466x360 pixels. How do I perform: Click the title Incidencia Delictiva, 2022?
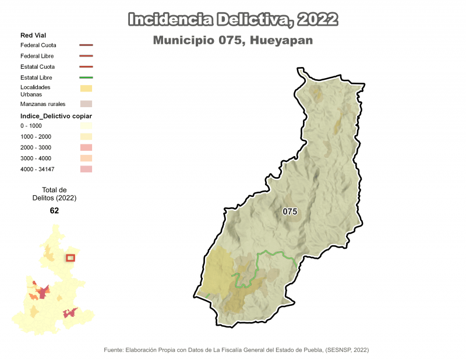(x=233, y=20)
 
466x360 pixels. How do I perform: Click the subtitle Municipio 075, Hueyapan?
(x=233, y=41)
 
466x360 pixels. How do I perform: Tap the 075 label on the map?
(x=290, y=211)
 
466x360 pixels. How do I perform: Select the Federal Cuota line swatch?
(x=86, y=45)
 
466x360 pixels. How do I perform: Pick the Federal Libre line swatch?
(x=86, y=56)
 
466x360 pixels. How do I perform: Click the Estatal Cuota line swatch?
(x=86, y=67)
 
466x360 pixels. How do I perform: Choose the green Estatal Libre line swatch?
(x=86, y=77)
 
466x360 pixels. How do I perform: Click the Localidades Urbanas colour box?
(x=86, y=89)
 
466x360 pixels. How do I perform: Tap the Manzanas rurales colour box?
(x=86, y=104)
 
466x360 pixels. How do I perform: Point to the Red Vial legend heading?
(x=33, y=36)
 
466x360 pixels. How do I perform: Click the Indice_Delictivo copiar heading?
(x=57, y=116)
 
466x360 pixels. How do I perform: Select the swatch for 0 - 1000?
(x=86, y=126)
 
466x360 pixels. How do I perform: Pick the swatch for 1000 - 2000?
(x=86, y=136)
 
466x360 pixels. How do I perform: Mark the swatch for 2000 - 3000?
(x=86, y=147)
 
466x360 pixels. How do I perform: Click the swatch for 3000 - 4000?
(x=86, y=158)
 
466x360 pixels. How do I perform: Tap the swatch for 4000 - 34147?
(x=86, y=169)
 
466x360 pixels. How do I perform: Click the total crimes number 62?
(x=55, y=211)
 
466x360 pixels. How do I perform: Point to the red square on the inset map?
(x=70, y=258)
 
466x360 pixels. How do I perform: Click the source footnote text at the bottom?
(x=236, y=350)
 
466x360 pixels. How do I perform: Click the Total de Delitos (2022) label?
(x=55, y=194)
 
